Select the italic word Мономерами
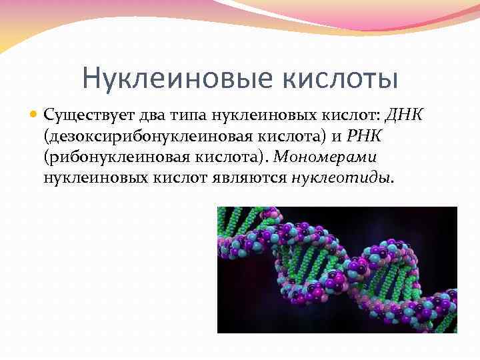tap(326, 158)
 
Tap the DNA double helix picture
tap(337, 269)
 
